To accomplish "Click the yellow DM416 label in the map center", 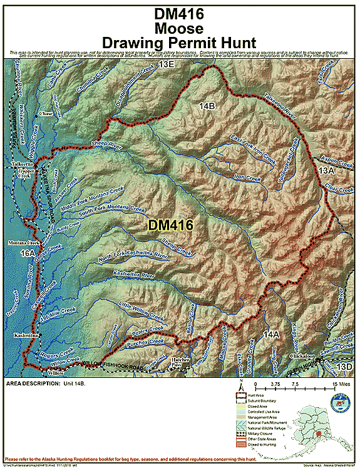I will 170,224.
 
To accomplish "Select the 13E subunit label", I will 167,64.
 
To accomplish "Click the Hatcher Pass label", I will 180,362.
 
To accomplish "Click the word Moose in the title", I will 180,28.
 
